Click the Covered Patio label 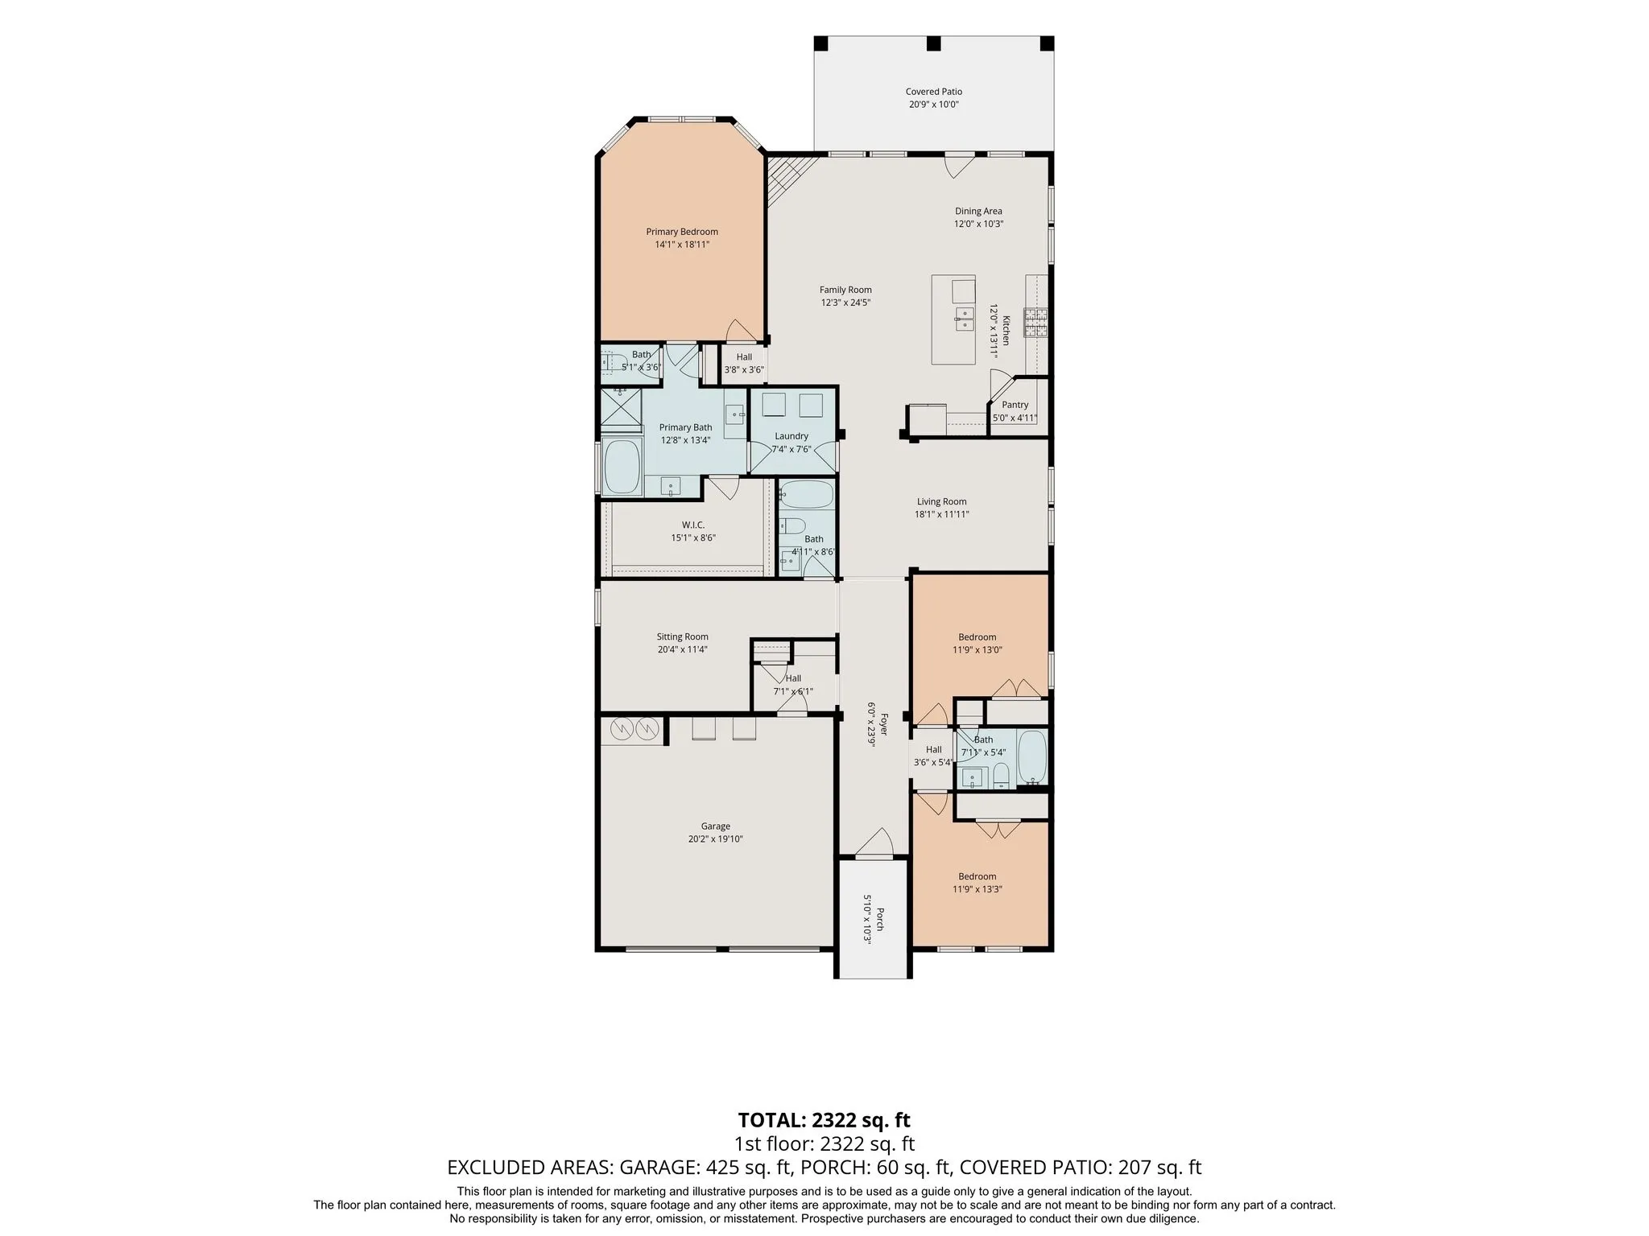point(934,92)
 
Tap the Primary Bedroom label point(682,232)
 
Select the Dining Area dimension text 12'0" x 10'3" point(979,225)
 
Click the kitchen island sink point(964,319)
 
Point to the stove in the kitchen point(1035,323)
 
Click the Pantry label point(1015,406)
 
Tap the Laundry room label point(791,436)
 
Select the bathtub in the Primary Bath point(621,467)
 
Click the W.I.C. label point(693,525)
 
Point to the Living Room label point(941,501)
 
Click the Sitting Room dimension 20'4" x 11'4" point(683,650)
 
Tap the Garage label point(716,826)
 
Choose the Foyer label point(882,725)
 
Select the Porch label point(880,919)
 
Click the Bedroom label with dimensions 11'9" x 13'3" point(977,877)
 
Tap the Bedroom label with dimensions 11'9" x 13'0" point(977,637)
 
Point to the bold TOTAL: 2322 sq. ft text point(824,1120)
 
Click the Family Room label point(845,290)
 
